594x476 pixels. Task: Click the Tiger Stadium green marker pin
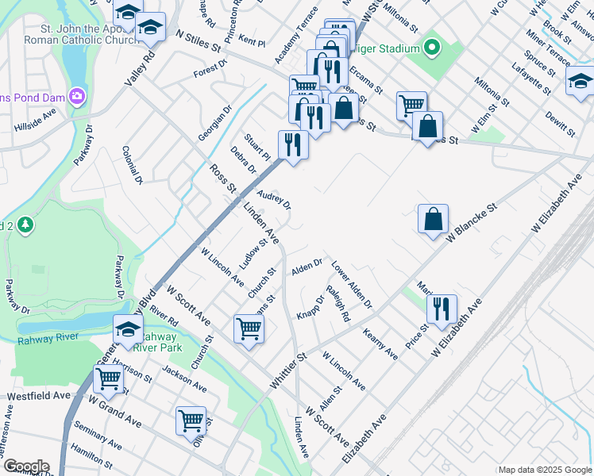tap(432, 49)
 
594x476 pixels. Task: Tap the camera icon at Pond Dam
tap(77, 97)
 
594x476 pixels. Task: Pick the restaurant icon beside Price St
tap(442, 309)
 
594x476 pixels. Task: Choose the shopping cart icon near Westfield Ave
tap(108, 379)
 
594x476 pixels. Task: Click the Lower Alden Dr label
tap(351, 284)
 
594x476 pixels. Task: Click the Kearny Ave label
tap(380, 344)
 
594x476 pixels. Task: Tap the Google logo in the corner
tap(25, 466)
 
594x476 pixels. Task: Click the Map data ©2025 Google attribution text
tap(544, 470)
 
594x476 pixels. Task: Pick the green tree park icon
tap(25, 225)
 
